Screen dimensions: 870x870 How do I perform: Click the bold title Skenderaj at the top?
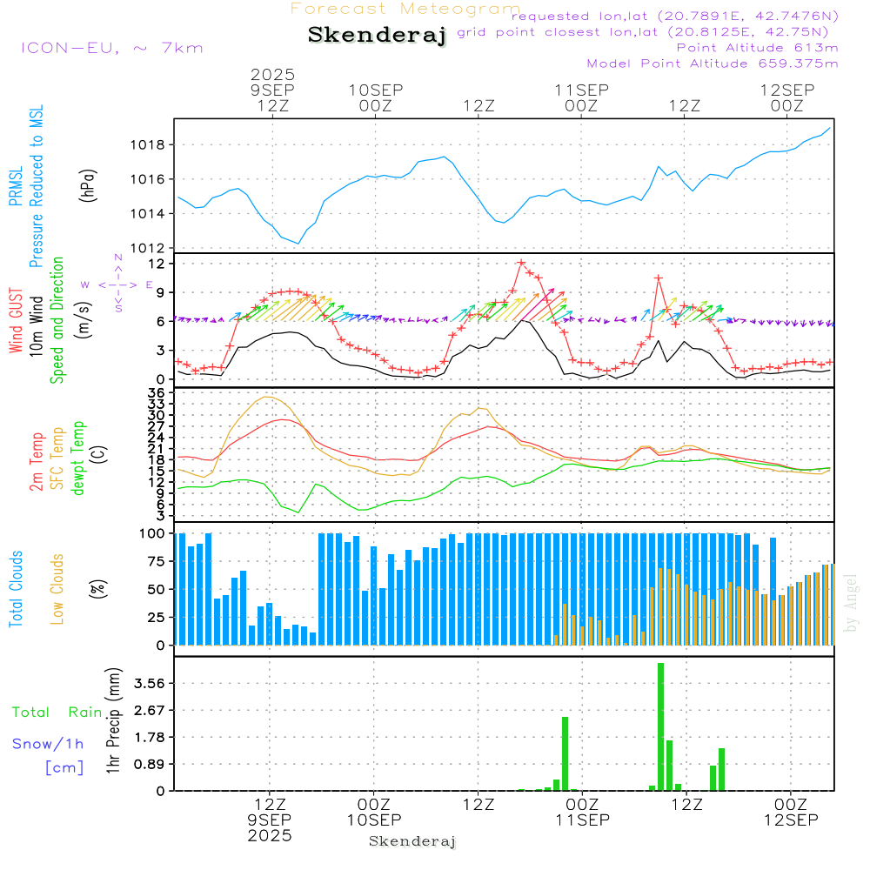tap(377, 36)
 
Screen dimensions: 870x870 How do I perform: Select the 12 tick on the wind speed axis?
tap(157, 263)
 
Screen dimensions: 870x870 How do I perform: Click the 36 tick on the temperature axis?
tap(157, 393)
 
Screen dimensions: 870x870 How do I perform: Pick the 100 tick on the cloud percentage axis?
tap(153, 533)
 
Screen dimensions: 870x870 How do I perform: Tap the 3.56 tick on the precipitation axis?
tap(151, 683)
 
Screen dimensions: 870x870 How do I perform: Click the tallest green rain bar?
tap(660, 726)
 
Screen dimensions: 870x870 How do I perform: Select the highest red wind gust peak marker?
tap(521, 262)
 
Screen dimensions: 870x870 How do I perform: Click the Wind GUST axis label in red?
tap(16, 323)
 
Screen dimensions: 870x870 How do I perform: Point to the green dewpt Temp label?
tap(79, 458)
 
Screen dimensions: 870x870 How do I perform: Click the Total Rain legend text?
tap(57, 713)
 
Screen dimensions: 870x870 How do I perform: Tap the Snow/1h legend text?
tap(49, 744)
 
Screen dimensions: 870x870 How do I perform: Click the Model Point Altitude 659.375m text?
tap(713, 64)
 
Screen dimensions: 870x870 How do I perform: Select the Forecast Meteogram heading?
tap(405, 9)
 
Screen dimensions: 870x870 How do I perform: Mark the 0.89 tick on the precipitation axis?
tap(151, 764)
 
